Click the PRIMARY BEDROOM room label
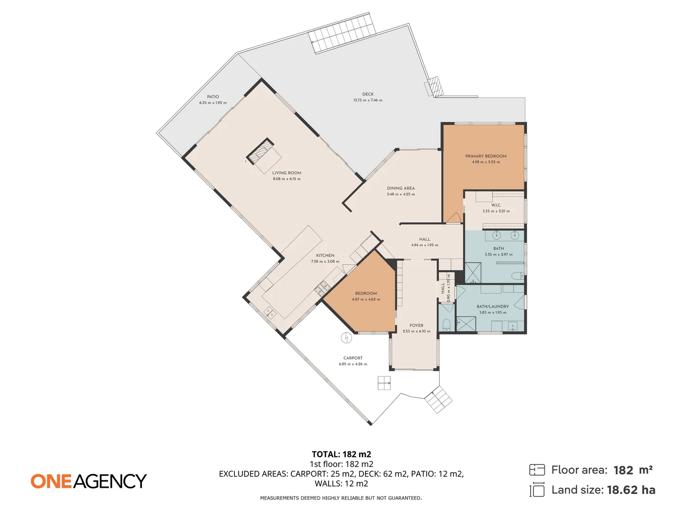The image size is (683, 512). click(x=486, y=156)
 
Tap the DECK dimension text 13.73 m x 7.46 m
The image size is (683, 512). click(x=368, y=101)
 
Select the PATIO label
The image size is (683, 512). click(x=213, y=97)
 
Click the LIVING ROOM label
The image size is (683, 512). click(x=286, y=173)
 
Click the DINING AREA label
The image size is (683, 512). click(x=401, y=188)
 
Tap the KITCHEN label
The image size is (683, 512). click(x=325, y=256)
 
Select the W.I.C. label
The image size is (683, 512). click(x=496, y=205)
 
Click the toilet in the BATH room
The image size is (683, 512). click(x=517, y=276)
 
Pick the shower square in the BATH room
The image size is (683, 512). click(x=472, y=273)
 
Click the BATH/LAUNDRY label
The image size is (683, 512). click(x=493, y=307)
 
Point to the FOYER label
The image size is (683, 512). click(x=416, y=326)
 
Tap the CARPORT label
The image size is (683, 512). click(x=353, y=358)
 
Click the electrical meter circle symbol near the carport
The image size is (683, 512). click(x=347, y=338)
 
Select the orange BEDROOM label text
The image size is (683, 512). click(x=366, y=293)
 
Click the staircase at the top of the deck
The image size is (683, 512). click(x=342, y=33)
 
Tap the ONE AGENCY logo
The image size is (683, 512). click(x=89, y=481)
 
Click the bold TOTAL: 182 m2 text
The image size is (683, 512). click(x=341, y=454)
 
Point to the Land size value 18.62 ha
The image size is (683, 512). click(x=631, y=490)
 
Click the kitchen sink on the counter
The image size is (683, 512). click(x=270, y=312)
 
